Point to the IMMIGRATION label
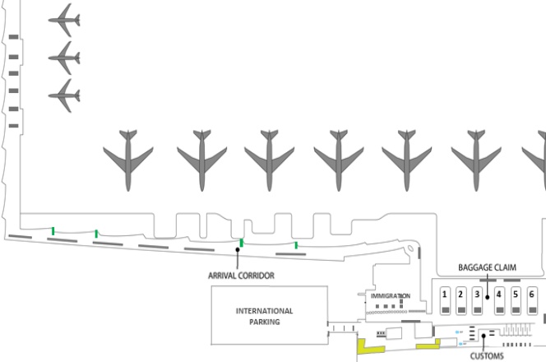390,295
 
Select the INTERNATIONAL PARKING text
264,316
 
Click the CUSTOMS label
487,357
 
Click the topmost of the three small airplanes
64,20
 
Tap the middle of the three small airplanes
64,58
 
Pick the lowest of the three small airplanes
64,96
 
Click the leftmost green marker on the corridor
53,231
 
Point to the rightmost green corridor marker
296,245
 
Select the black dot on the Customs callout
483,336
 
